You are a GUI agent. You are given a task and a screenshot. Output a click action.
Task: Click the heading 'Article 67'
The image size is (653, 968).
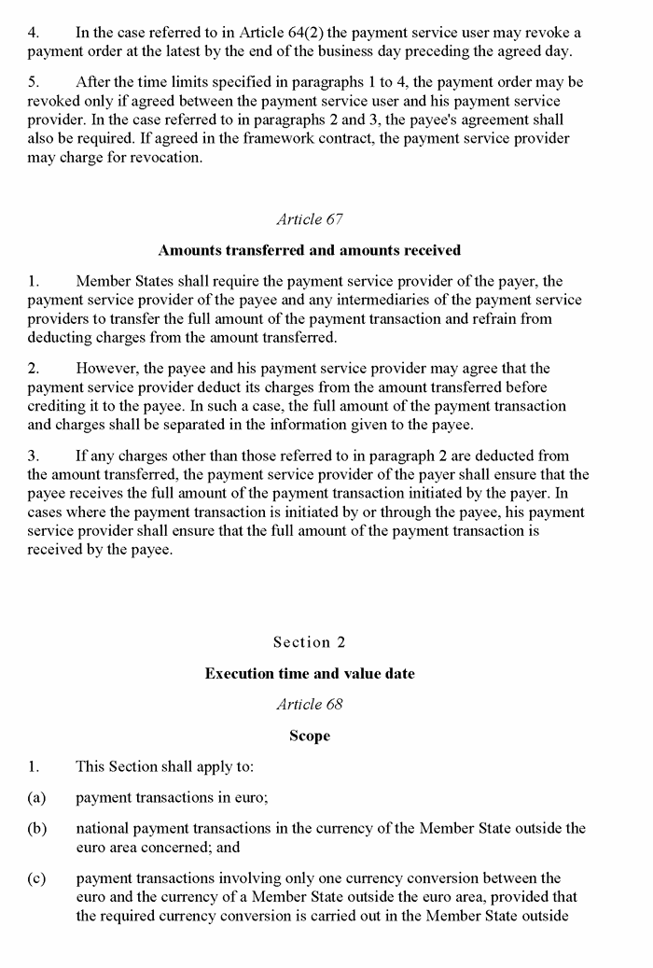[x=310, y=219]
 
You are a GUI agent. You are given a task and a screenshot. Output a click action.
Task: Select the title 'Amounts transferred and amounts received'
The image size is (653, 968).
[x=310, y=250]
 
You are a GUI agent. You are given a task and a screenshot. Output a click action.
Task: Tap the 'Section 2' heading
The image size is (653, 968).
[x=310, y=642]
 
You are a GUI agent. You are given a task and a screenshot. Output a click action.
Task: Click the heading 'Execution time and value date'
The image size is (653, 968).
[x=310, y=673]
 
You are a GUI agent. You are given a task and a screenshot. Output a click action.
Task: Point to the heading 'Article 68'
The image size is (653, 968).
[x=310, y=704]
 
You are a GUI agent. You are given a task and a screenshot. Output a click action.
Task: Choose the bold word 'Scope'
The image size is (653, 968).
[x=310, y=736]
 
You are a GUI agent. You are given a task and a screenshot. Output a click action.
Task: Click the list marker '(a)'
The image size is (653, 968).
[x=37, y=798]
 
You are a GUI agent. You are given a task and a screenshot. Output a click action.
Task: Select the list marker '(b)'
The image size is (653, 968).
[x=37, y=829]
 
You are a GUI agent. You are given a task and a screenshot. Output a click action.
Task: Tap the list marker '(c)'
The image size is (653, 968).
[x=37, y=878]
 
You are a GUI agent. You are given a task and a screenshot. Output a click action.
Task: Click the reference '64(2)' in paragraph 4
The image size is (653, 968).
[x=319, y=32]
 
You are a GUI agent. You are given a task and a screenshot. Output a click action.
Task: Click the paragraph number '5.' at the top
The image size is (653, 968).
[x=34, y=83]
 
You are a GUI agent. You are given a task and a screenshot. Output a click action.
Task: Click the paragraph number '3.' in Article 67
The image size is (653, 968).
[x=34, y=456]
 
